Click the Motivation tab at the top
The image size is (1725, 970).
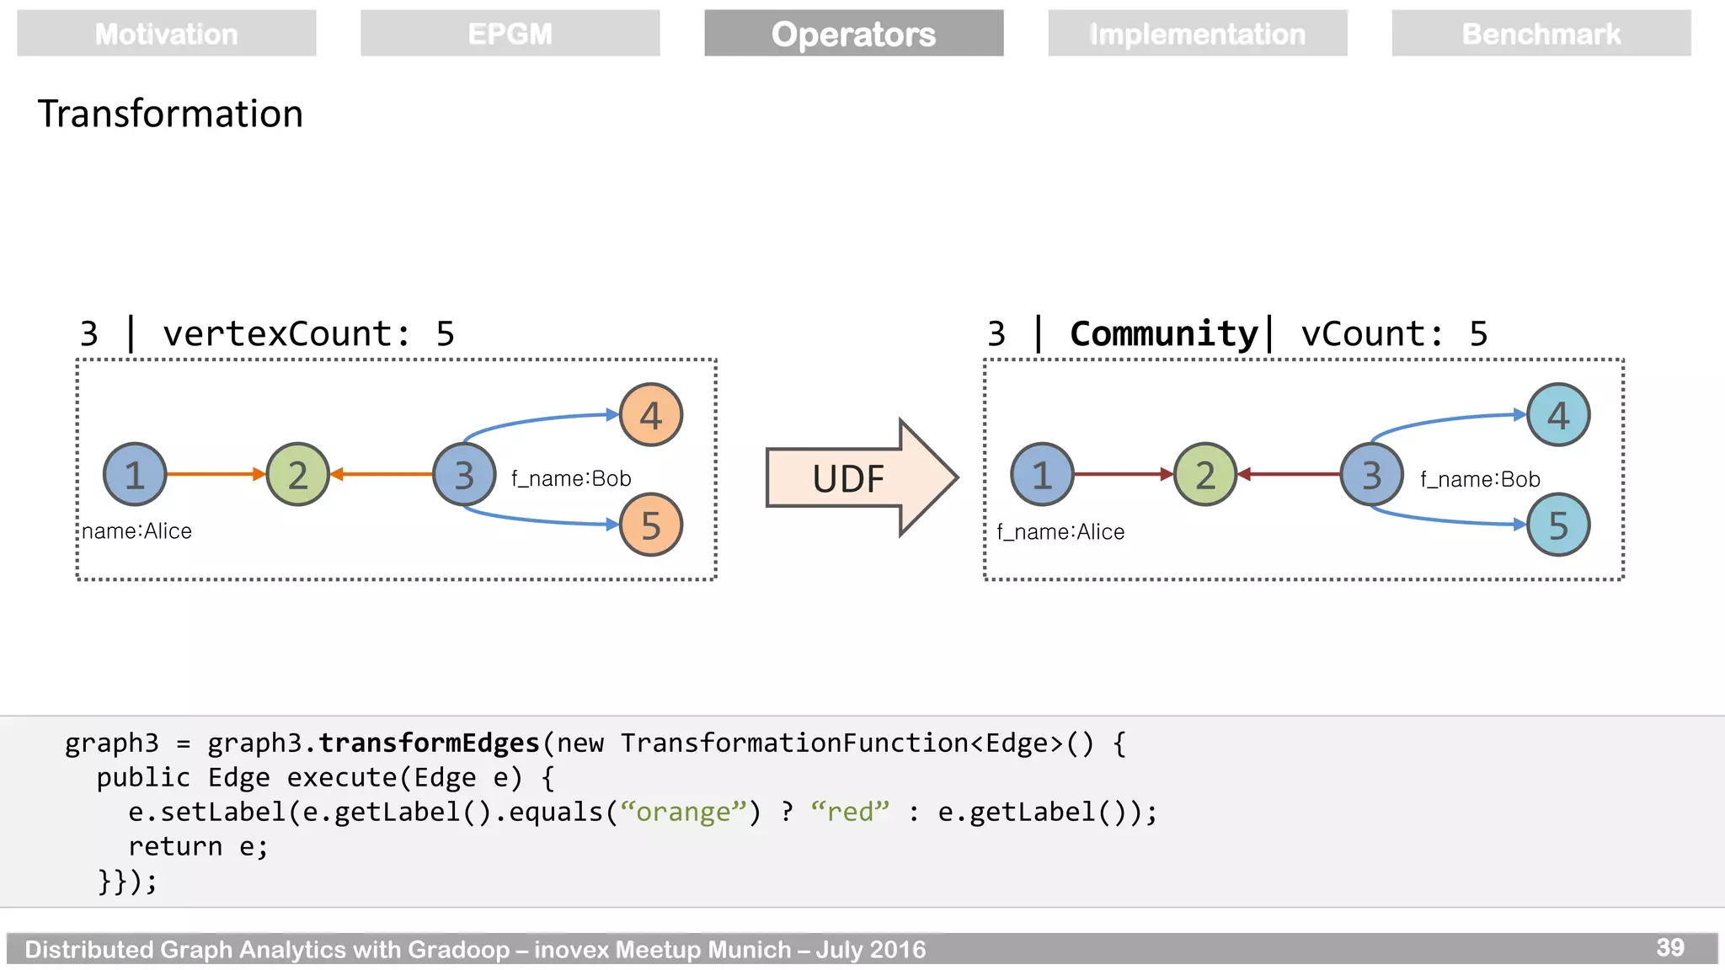(166, 34)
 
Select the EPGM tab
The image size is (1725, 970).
(510, 34)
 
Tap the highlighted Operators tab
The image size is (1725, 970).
(853, 34)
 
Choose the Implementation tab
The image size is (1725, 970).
(1197, 34)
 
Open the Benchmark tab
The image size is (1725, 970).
(1541, 34)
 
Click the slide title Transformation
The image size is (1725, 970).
(170, 114)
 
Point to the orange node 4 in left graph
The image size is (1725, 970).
(650, 415)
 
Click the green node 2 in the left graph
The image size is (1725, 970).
(297, 474)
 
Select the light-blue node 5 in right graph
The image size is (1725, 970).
(1558, 525)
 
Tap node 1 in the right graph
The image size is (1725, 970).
(1042, 474)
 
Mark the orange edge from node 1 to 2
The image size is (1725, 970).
(216, 474)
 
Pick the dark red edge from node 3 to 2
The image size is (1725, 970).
(1289, 474)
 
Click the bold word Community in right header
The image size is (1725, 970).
(1163, 334)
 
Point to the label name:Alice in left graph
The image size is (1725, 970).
(136, 531)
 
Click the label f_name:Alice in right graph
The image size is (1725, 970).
(1060, 532)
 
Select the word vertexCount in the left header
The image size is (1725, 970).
(277, 334)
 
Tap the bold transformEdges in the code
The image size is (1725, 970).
(429, 743)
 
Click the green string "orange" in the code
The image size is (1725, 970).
(683, 812)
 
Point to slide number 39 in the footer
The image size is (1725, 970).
(1669, 947)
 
